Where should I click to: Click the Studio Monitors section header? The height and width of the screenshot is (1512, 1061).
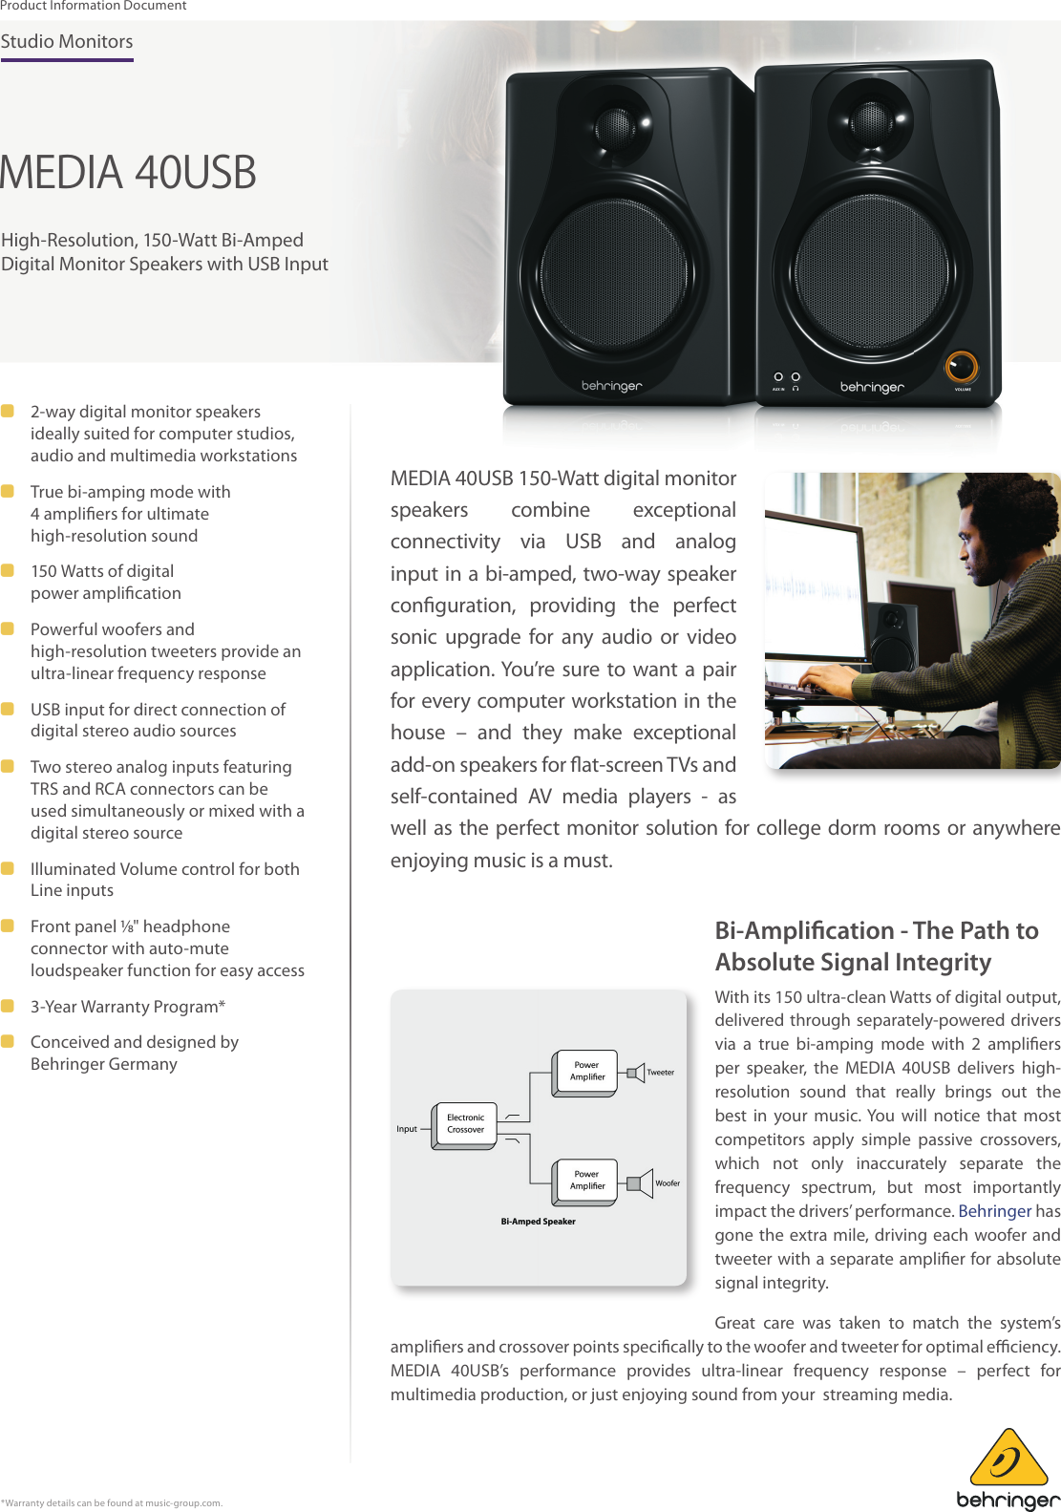67,42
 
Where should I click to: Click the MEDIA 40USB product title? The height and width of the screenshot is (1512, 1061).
128,173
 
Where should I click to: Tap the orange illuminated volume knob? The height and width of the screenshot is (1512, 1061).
961,367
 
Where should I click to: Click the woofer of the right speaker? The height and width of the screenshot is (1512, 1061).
872,272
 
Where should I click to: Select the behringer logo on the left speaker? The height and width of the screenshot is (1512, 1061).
612,386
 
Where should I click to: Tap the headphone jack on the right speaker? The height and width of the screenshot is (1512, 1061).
796,377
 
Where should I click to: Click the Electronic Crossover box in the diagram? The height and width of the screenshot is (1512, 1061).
465,1124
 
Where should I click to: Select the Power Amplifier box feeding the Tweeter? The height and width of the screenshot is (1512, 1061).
587,1072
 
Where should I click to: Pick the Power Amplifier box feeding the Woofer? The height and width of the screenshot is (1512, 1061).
587,1181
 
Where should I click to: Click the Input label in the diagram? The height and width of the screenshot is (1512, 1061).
407,1129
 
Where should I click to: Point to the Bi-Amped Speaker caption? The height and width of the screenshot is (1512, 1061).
538,1222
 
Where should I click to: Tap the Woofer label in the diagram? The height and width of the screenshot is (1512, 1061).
668,1183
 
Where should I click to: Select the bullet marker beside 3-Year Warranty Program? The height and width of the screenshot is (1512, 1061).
8,1006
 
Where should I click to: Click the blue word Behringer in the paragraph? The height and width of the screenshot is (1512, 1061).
995,1211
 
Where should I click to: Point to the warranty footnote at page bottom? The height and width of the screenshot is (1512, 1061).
112,1503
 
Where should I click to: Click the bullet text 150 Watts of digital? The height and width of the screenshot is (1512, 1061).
102,571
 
